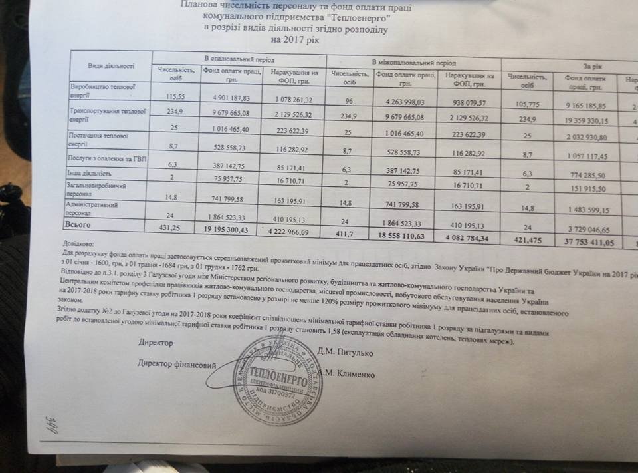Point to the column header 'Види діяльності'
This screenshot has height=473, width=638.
pyautogui.click(x=111, y=65)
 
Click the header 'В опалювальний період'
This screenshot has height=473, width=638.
pyautogui.click(x=239, y=59)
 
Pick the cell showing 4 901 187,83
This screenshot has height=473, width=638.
pyautogui.click(x=227, y=97)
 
